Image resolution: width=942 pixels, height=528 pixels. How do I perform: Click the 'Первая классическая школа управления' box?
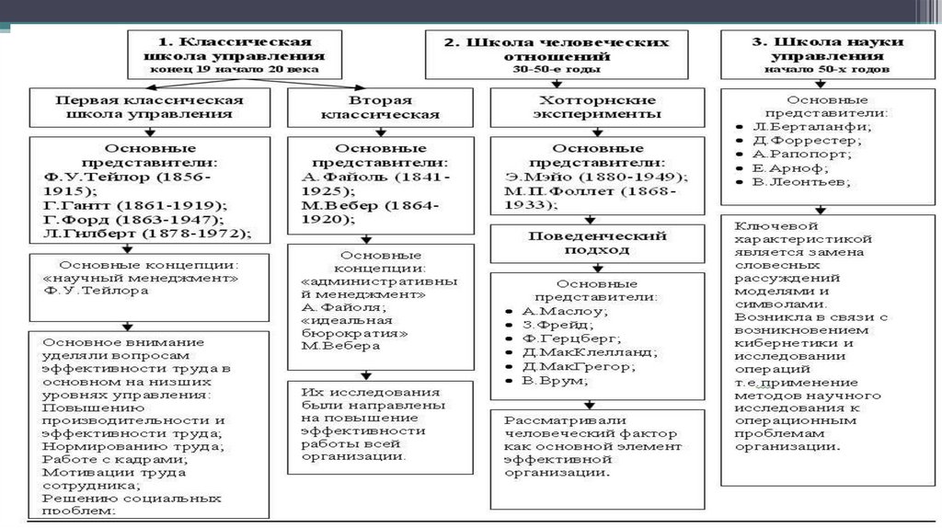click(148, 108)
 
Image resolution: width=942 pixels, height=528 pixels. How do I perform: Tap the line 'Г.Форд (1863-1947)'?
click(132, 220)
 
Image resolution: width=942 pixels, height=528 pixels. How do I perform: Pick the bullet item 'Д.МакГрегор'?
click(565, 366)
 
